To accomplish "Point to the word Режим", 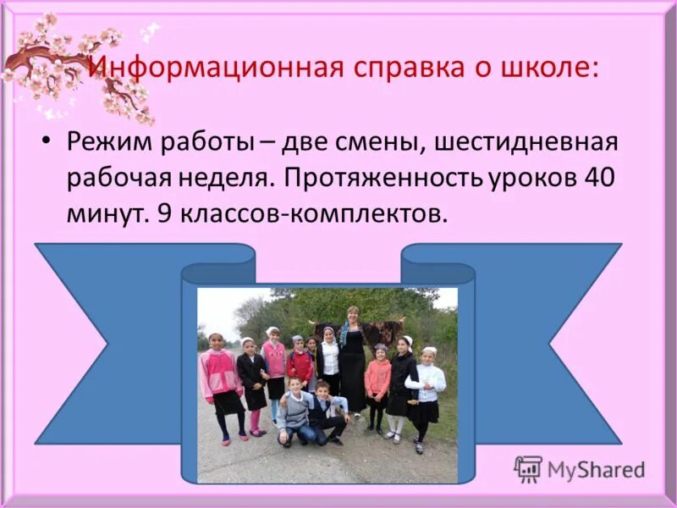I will (x=109, y=141).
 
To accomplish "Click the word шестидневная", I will (x=526, y=141).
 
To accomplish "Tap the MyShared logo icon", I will (x=528, y=468).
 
